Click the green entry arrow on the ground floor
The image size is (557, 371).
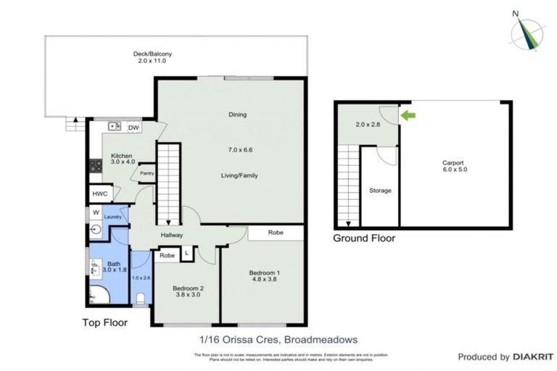click(x=408, y=114)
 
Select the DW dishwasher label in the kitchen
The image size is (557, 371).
click(x=133, y=128)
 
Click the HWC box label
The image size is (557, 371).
click(x=99, y=194)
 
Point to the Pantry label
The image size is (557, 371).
click(x=147, y=173)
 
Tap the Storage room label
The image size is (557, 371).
click(x=380, y=191)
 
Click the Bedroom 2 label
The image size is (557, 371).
click(x=188, y=288)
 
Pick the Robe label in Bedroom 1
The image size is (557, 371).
click(x=275, y=233)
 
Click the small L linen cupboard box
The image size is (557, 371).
click(x=187, y=252)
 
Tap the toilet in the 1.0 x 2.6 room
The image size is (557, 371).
click(x=142, y=298)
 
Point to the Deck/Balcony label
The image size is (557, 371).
click(x=152, y=54)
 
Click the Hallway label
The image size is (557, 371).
click(x=172, y=235)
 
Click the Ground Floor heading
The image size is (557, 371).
click(x=364, y=237)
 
